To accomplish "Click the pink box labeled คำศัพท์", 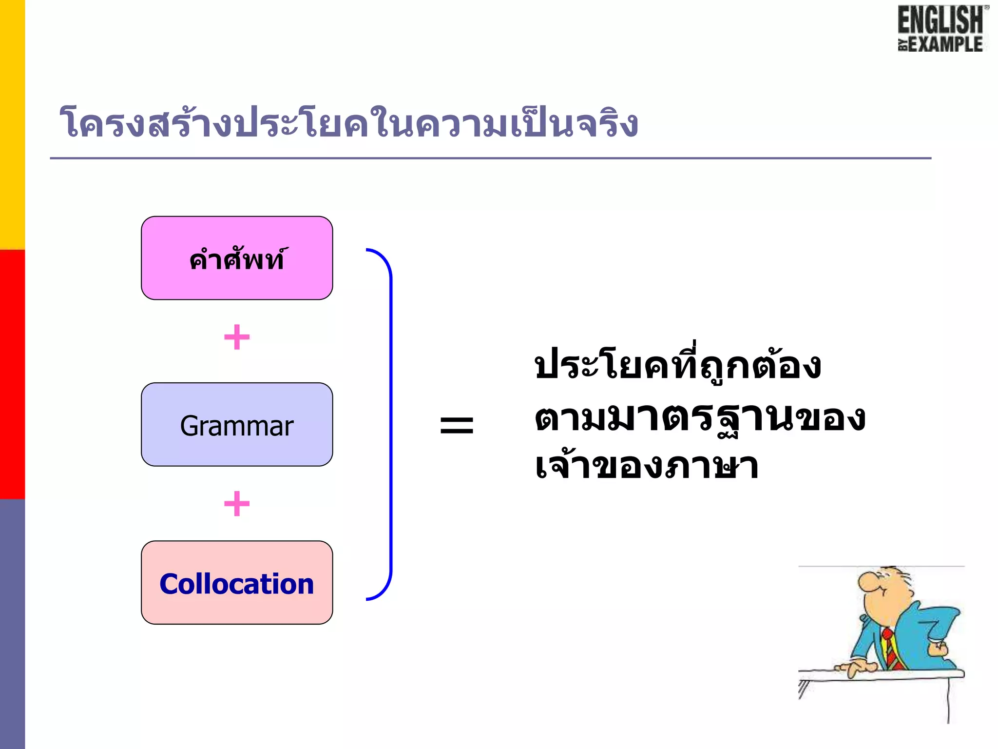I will [237, 258].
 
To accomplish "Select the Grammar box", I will [237, 425].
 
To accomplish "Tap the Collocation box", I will [237, 583].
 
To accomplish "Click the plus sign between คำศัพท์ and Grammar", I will [237, 337].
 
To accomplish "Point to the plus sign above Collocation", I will [237, 503].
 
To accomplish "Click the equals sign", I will [457, 424].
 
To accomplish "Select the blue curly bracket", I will [390, 424].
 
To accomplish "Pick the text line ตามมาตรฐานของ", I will [699, 418].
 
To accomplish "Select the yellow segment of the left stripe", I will [12, 124].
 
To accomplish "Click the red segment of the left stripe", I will [12, 374].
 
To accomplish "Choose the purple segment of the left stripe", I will [12, 624].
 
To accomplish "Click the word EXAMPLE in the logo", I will [945, 44].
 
